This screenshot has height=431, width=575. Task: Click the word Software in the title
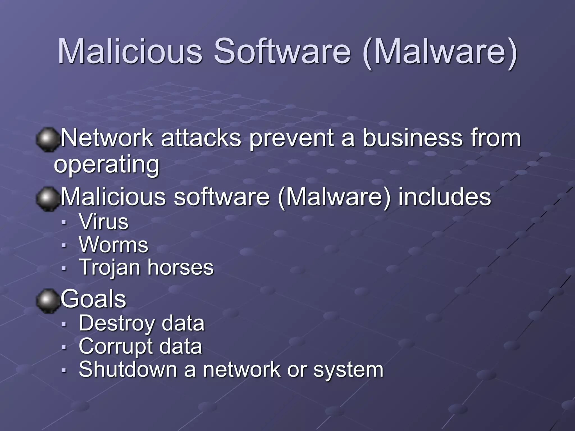[282, 51]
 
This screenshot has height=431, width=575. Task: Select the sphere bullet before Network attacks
[47, 140]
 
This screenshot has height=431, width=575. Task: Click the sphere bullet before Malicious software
[47, 199]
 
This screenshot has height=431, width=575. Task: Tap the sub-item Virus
[104, 222]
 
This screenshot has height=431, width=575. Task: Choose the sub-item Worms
[113, 245]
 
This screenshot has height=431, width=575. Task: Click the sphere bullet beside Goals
[47, 301]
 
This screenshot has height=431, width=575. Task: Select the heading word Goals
[93, 299]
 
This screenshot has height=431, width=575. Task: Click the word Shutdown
[128, 369]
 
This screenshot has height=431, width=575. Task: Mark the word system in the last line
[348, 370]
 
